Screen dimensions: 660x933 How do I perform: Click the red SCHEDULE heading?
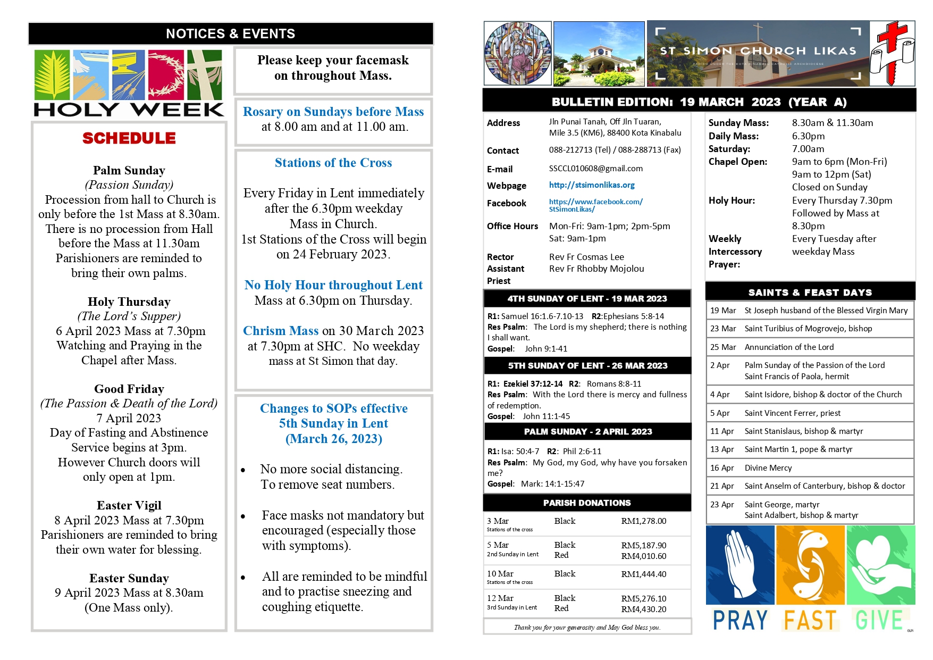129,138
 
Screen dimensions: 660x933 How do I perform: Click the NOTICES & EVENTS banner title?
230,34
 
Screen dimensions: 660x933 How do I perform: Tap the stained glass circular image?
517,53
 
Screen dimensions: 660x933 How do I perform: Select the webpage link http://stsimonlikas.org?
592,185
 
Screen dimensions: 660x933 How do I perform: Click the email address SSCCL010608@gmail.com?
595,169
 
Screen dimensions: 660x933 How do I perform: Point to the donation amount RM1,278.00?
643,521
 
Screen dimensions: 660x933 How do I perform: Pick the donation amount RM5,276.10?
643,598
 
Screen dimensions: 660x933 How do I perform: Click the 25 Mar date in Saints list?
722,347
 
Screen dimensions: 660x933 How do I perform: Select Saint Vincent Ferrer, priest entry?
792,413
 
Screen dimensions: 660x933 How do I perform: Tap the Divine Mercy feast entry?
768,468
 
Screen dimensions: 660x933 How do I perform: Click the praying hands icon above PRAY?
740,565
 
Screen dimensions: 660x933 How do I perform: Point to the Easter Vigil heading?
129,506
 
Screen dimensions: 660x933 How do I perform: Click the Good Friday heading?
129,389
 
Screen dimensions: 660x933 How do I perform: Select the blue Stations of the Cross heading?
333,163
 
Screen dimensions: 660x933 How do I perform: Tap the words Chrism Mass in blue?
281,331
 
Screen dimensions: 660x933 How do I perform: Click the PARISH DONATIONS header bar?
587,503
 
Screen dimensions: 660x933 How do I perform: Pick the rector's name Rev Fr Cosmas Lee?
586,257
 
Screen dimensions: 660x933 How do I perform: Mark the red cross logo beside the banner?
892,53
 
